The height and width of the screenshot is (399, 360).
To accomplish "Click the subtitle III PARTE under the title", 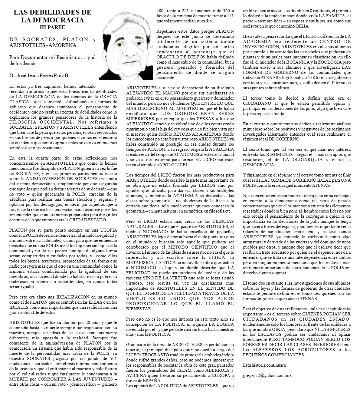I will (52, 27).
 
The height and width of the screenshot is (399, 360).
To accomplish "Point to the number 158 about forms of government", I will (307, 77).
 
